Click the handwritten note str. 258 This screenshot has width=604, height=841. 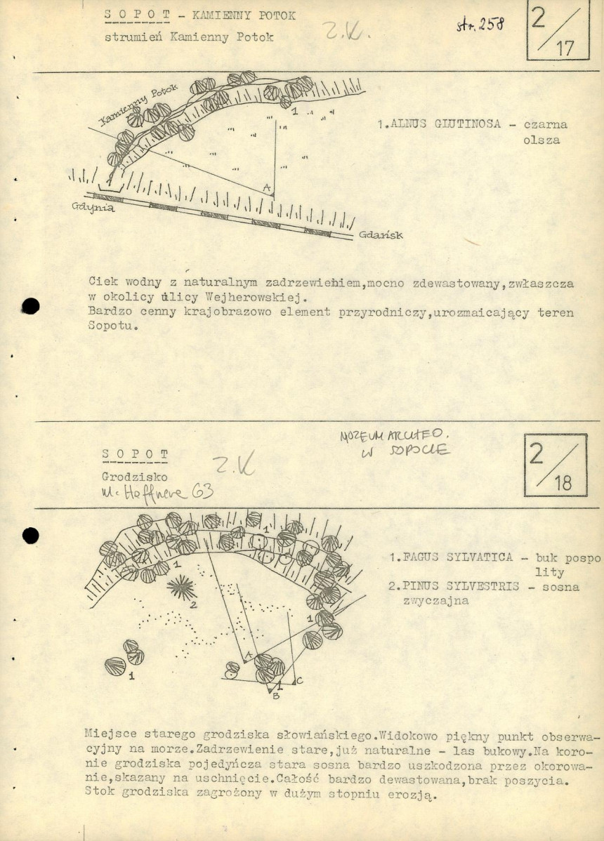[x=480, y=25]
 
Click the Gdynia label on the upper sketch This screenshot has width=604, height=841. [x=93, y=208]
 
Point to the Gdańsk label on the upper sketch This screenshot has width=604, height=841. [x=381, y=235]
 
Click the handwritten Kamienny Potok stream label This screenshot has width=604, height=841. [x=138, y=105]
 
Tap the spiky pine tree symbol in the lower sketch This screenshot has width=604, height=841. [x=182, y=587]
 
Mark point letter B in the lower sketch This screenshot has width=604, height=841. [x=275, y=695]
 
